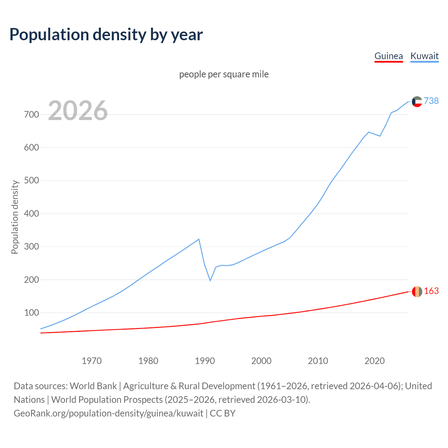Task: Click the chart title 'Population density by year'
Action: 106,35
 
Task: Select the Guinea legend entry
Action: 388,56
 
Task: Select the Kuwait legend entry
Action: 424,56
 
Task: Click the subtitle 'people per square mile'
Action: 224,75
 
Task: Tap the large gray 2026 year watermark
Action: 78,111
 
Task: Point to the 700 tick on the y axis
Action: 31,114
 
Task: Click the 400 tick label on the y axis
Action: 31,213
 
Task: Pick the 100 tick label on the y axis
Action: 31,313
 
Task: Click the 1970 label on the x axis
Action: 91,361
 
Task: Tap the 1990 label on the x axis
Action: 205,361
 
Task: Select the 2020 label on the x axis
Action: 374,361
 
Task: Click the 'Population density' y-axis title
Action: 15,217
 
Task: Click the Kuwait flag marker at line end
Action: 417,101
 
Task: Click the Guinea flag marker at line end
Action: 417,292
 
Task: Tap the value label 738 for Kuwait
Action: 431,101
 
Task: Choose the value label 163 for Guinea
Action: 431,291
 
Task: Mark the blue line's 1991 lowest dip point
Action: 210,281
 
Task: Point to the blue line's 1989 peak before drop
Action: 199,239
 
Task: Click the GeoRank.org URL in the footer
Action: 108,413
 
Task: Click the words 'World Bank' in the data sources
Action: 93,386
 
